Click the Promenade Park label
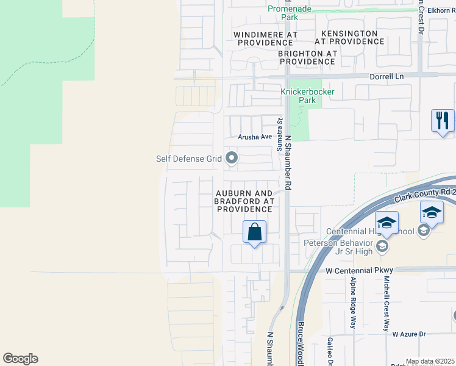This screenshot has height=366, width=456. [290, 13]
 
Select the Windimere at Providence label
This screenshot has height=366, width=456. [266, 38]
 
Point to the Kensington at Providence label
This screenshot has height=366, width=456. [349, 37]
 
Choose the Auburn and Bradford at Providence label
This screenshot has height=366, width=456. [244, 200]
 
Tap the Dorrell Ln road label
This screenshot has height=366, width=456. [387, 77]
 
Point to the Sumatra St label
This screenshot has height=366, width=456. [280, 135]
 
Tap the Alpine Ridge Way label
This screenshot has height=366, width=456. [353, 303]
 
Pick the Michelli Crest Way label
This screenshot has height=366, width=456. [387, 303]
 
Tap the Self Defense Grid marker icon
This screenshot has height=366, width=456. [231, 159]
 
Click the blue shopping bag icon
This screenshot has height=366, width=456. [254, 232]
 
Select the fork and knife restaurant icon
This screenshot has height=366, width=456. [442, 120]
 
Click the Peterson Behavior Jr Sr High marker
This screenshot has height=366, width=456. [382, 246]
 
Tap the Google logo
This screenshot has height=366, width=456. [20, 359]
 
